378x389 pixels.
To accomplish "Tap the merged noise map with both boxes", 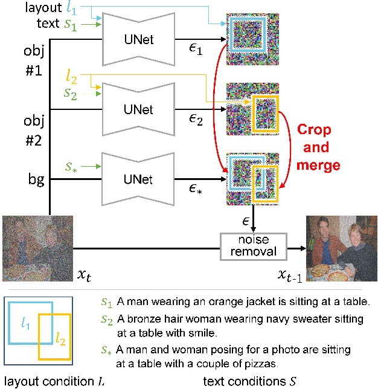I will pyautogui.click(x=252, y=178).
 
